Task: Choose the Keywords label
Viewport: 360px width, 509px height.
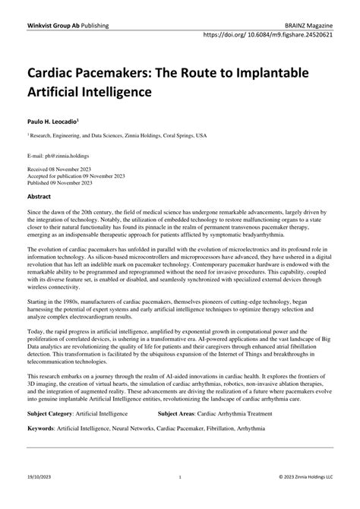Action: (x=44, y=428)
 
